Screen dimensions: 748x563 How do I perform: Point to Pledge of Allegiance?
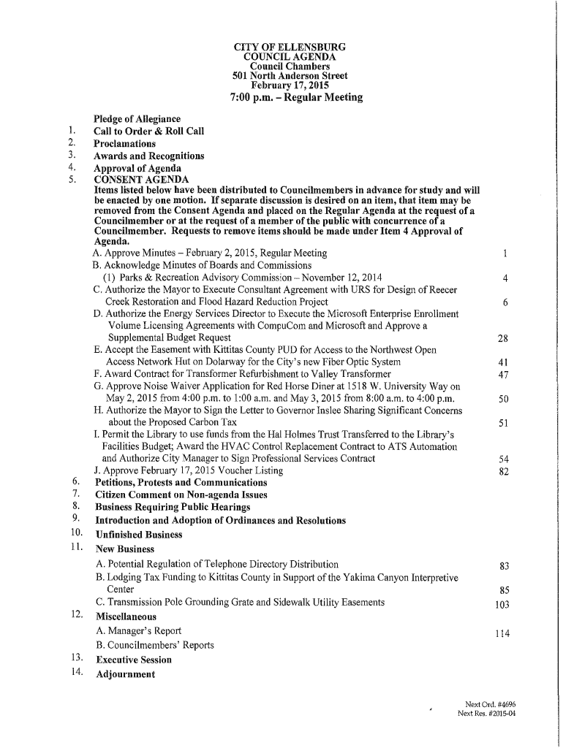tap(137, 119)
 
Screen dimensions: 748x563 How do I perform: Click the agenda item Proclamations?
tap(124, 144)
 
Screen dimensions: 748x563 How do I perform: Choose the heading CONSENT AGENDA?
tap(141, 180)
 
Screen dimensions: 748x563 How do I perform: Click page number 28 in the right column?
tap(502, 338)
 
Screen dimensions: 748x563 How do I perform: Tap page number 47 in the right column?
tap(502, 375)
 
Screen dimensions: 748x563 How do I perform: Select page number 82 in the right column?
tap(502, 471)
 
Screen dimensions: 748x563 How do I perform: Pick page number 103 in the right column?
tap(502, 604)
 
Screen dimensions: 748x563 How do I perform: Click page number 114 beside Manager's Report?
tap(502, 633)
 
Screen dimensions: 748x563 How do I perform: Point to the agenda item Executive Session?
tap(133, 660)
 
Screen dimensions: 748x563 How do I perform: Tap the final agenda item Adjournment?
tap(125, 674)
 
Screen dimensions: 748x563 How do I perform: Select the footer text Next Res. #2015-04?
tap(486, 714)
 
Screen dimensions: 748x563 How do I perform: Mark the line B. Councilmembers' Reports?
tap(154, 645)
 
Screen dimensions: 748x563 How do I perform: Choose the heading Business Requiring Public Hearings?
tap(173, 507)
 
